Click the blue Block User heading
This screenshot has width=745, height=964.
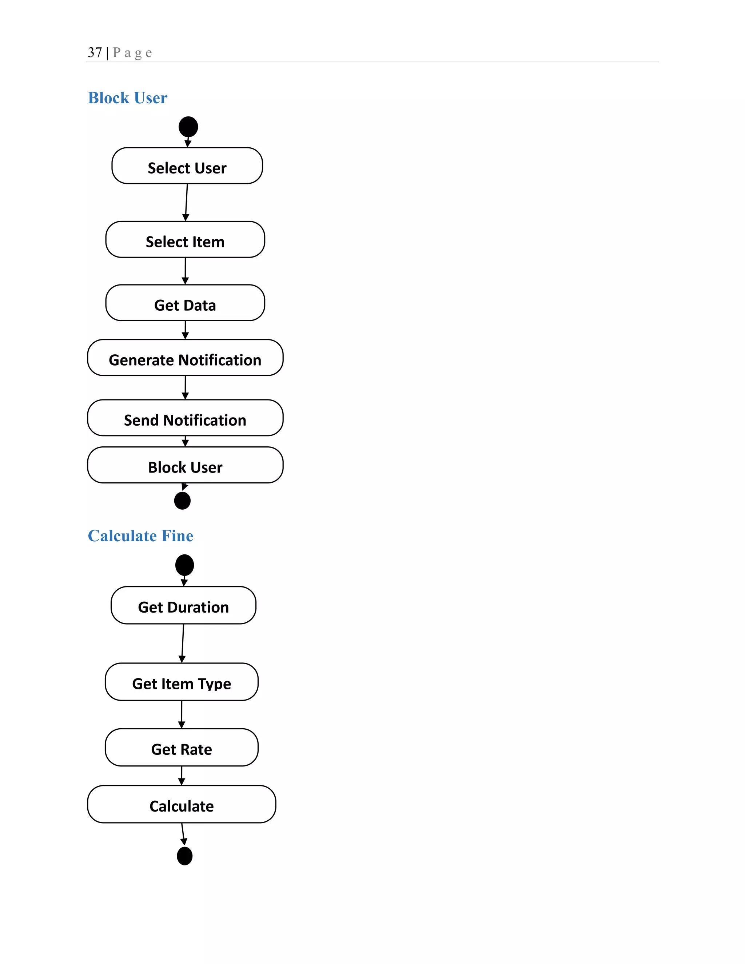(128, 97)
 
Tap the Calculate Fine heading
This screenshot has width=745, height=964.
(140, 535)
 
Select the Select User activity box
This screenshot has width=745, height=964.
(187, 166)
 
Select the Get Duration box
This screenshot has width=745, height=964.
(184, 605)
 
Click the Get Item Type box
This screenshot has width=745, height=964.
(182, 682)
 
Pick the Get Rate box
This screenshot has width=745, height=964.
(182, 747)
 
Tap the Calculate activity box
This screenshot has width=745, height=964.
(182, 804)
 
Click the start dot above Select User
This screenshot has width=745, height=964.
(188, 127)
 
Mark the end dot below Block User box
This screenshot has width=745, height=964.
(182, 501)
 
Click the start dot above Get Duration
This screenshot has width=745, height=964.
(184, 565)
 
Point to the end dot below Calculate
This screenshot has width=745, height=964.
(184, 856)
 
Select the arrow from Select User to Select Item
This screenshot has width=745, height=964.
(186, 202)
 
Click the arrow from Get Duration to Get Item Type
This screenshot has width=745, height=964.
(183, 643)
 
